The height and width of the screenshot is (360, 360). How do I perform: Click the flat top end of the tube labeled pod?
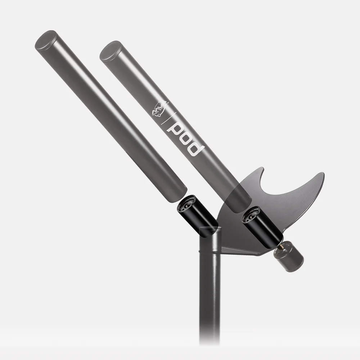109,51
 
